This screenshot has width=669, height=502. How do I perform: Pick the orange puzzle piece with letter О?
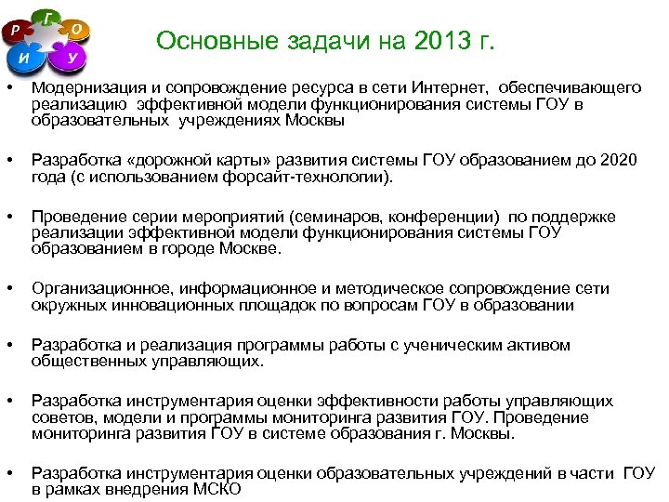pyautogui.click(x=78, y=30)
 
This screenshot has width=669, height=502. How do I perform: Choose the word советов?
pyautogui.click(x=58, y=417)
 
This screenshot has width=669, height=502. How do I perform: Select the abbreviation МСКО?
pyautogui.click(x=217, y=490)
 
